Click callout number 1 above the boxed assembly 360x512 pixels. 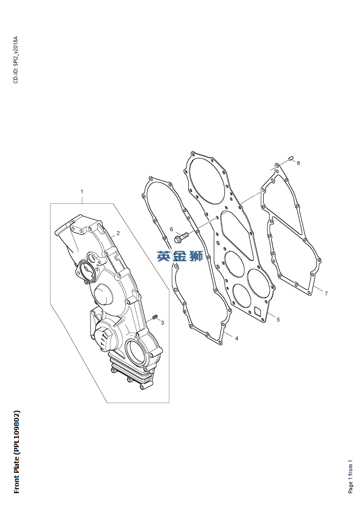tap(82, 191)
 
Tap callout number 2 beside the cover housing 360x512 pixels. tap(118, 233)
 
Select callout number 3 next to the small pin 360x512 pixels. tap(163, 323)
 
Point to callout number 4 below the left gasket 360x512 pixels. tap(237, 339)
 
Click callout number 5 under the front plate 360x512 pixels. tap(278, 320)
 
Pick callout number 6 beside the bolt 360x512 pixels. tap(171, 229)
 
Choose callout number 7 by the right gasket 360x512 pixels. tap(326, 294)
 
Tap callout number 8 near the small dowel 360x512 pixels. tap(299, 163)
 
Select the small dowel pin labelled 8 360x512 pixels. tap(291, 159)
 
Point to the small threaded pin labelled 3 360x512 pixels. tap(155, 316)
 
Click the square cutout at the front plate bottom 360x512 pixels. tap(258, 312)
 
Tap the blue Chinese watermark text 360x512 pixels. tap(180, 256)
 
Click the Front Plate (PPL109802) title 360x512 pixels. tap(17, 452)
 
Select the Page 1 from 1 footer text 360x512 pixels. tap(350, 477)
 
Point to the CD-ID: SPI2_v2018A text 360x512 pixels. tap(15, 60)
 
